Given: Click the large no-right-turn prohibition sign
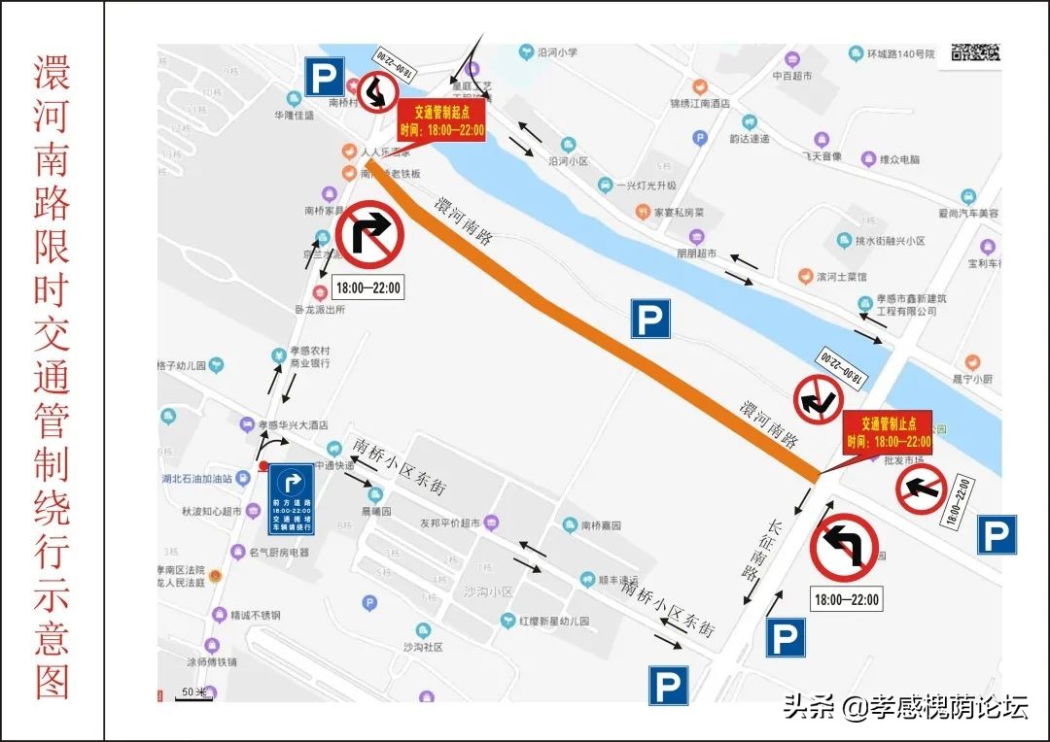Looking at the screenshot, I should click(x=370, y=234).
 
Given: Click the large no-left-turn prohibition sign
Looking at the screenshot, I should click(x=844, y=549).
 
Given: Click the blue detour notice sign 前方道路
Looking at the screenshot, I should click(x=292, y=499).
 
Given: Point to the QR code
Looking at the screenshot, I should click(x=975, y=52).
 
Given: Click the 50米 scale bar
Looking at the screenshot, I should click(x=194, y=692).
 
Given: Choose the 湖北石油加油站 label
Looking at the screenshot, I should click(x=196, y=478).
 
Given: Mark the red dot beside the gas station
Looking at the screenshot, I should click(x=263, y=466).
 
